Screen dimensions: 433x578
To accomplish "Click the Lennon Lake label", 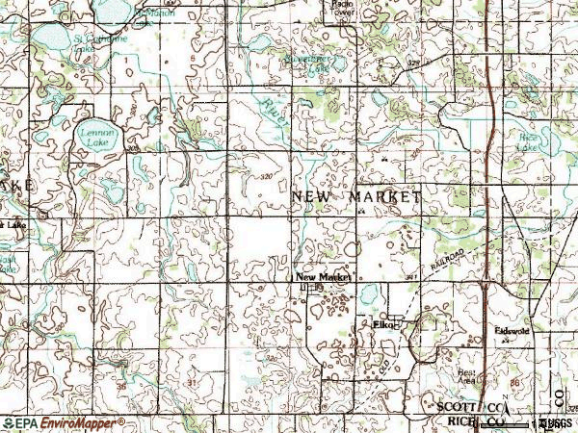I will pos(91,136).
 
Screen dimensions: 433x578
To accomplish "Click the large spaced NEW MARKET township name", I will pos(355,196).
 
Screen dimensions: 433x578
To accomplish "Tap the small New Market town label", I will pos(323,276).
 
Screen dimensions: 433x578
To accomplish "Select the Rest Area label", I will pos(466,376).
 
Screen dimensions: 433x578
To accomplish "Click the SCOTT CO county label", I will pos(466,408).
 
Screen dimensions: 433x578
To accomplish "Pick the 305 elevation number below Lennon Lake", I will pos(129,151).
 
